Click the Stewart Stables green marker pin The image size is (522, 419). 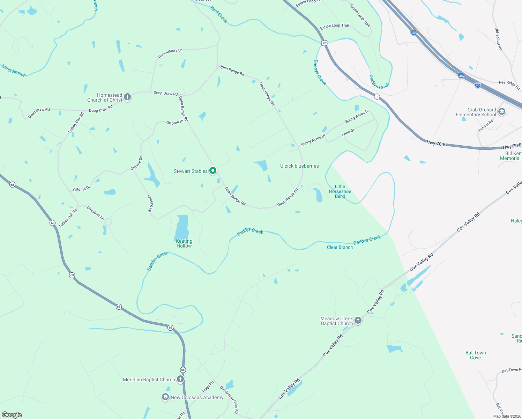coord(213,171)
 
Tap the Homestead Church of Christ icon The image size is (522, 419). coord(127,97)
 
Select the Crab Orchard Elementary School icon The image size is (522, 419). coord(502,112)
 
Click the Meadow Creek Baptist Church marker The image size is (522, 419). coord(358,321)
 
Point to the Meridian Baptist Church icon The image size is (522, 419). coord(180,379)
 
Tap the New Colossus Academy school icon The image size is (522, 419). coord(165,397)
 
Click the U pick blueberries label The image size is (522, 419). coord(299,166)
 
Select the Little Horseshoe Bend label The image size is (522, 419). coord(340,191)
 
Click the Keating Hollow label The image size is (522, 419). coord(184,243)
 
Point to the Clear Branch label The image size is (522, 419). coord(340,247)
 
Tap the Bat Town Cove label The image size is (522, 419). coord(475,355)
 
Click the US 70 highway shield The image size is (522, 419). coord(325,43)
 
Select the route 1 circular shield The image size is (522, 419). coord(377,96)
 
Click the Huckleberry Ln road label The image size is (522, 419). coord(170,53)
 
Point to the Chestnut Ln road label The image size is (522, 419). coord(95,213)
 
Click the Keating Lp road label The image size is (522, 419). coord(150,203)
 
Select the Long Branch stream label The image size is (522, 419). coord(14,71)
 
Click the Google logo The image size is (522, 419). coord(12,415)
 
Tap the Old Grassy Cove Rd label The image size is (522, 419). coord(229,400)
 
